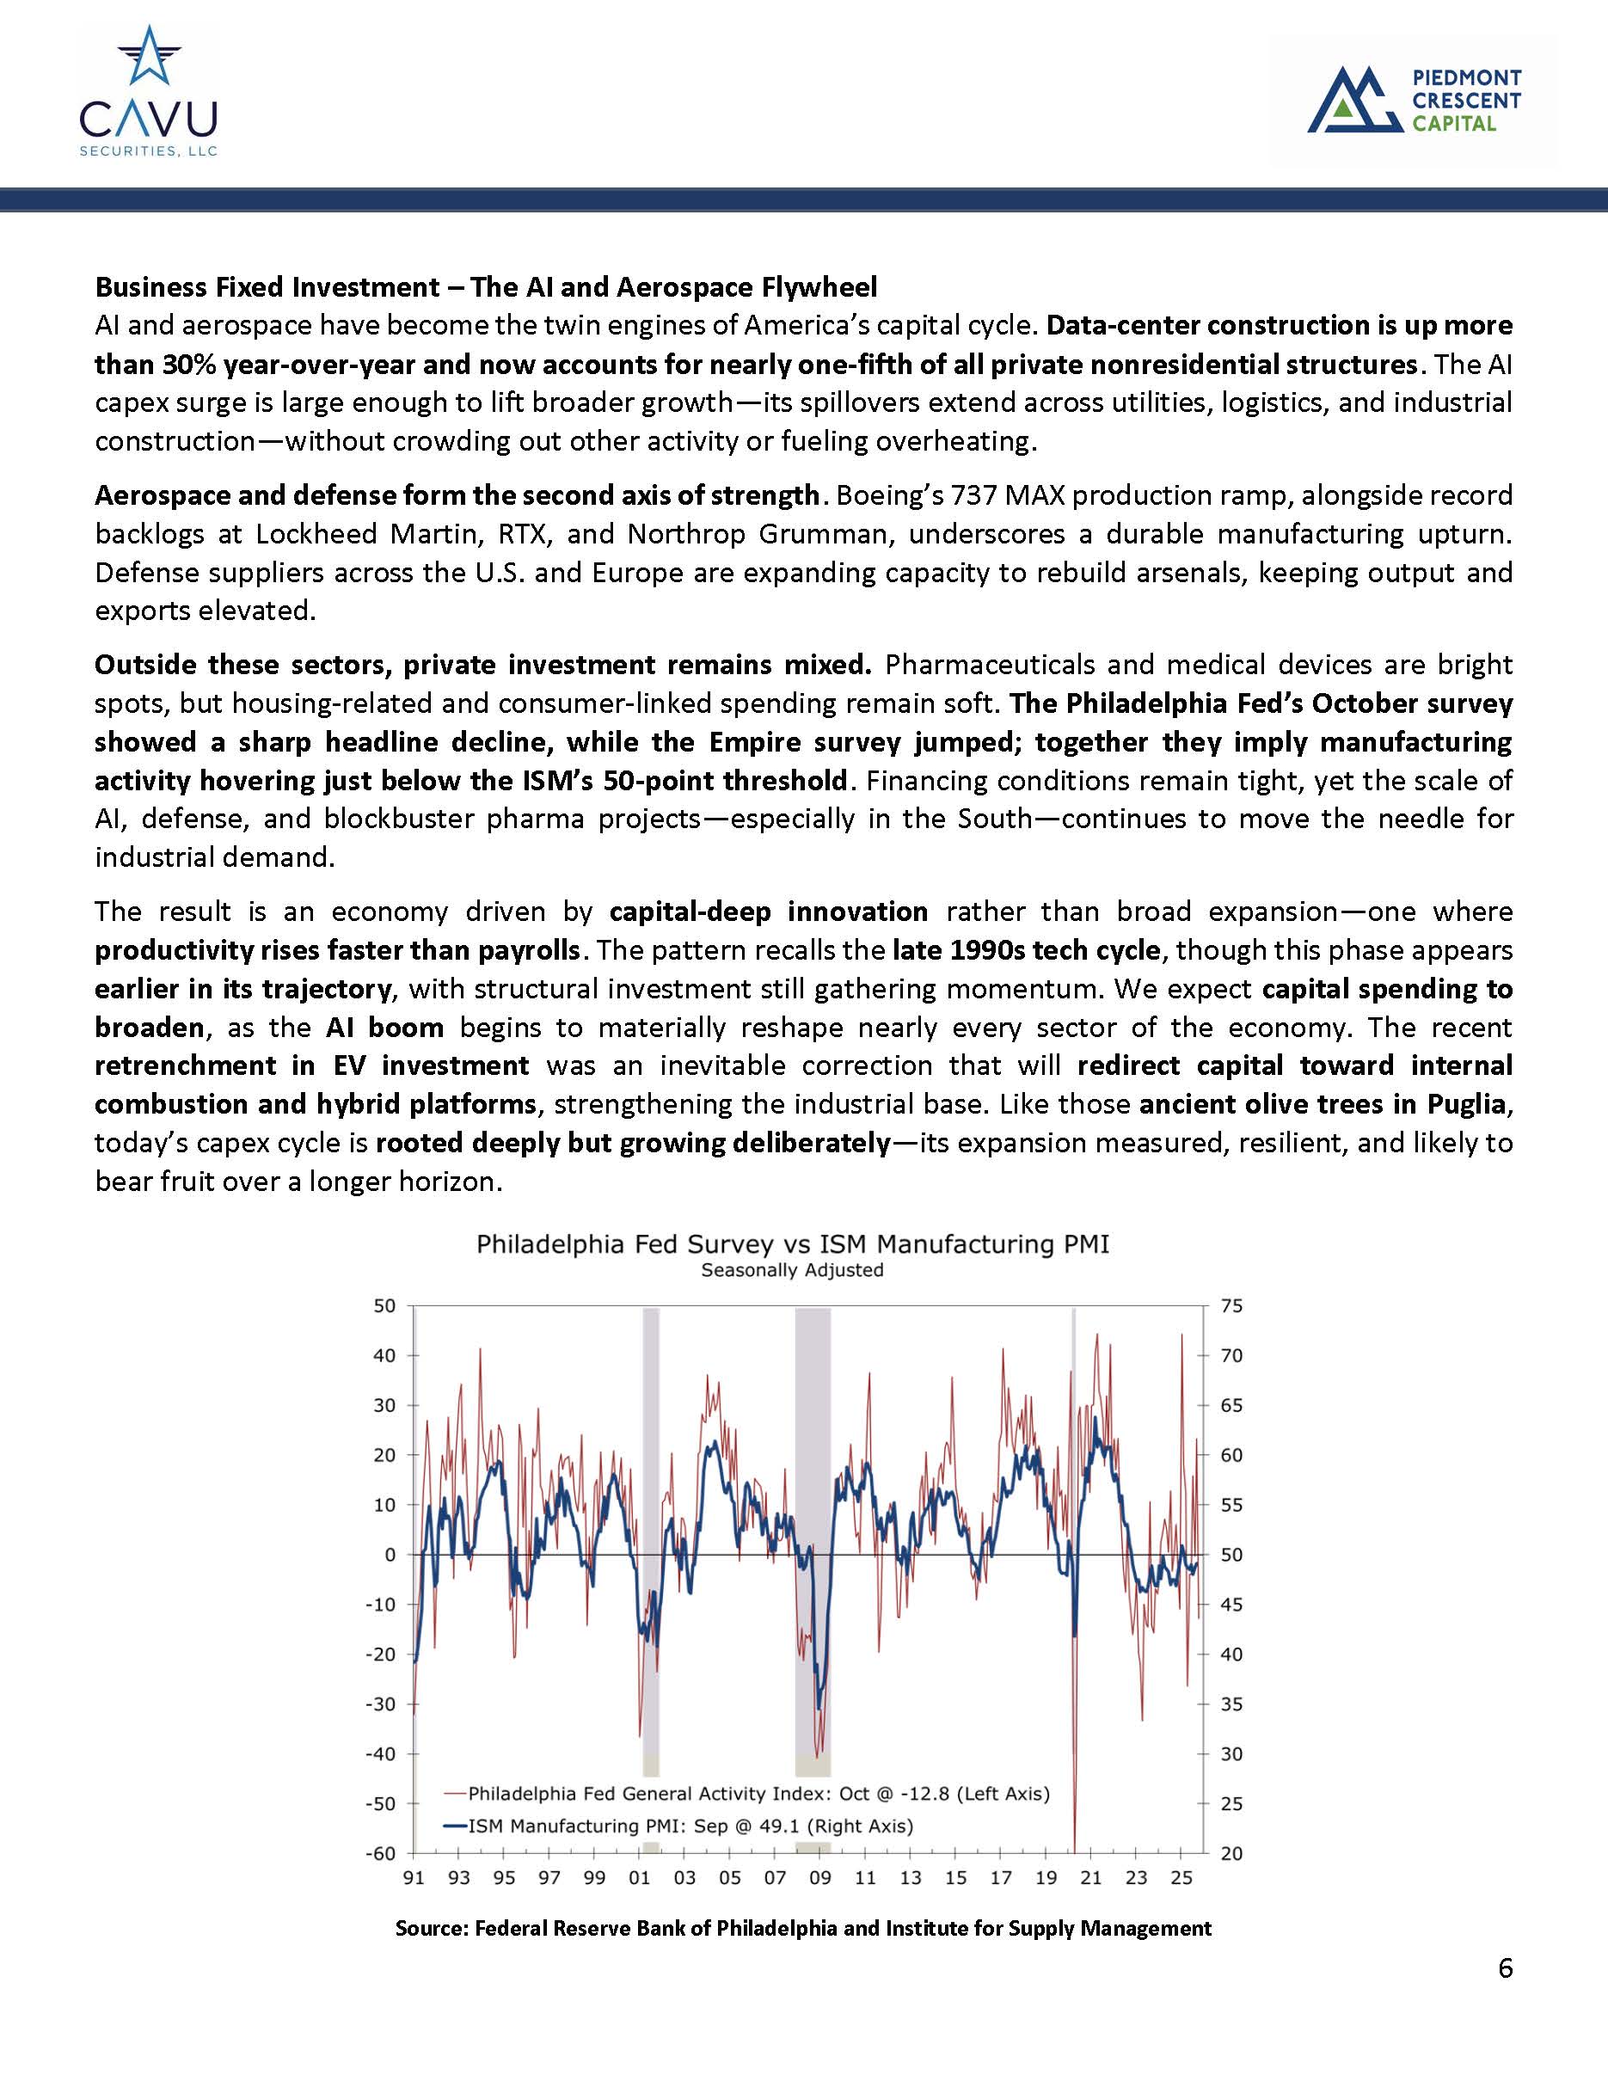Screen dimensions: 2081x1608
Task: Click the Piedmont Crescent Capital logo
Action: tap(1414, 100)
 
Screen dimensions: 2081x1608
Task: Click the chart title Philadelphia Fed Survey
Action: tap(792, 1244)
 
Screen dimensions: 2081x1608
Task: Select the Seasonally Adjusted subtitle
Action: tap(792, 1271)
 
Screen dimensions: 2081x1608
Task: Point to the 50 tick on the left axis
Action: tap(384, 1306)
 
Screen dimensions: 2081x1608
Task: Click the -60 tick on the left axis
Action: tap(380, 1853)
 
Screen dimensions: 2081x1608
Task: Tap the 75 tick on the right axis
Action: tap(1231, 1306)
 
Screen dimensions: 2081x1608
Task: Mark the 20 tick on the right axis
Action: tap(1231, 1853)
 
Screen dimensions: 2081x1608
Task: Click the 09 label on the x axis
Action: tap(820, 1878)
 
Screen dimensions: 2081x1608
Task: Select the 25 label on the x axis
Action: tap(1181, 1878)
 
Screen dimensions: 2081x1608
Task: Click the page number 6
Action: tap(1505, 1968)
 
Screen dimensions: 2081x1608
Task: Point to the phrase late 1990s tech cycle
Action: tap(1026, 950)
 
